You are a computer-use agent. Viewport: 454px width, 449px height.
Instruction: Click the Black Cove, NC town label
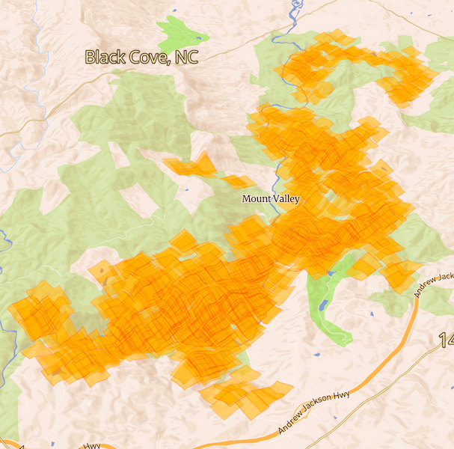pos(141,57)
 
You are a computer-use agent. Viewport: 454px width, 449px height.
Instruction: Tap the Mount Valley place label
pos(271,199)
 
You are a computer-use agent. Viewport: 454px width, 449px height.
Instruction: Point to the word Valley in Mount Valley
pos(286,199)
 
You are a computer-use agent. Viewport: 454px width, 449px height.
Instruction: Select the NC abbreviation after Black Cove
pos(186,57)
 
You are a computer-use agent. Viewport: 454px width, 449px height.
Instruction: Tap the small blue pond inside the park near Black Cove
pos(198,35)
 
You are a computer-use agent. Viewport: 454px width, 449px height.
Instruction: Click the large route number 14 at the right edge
pos(446,341)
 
